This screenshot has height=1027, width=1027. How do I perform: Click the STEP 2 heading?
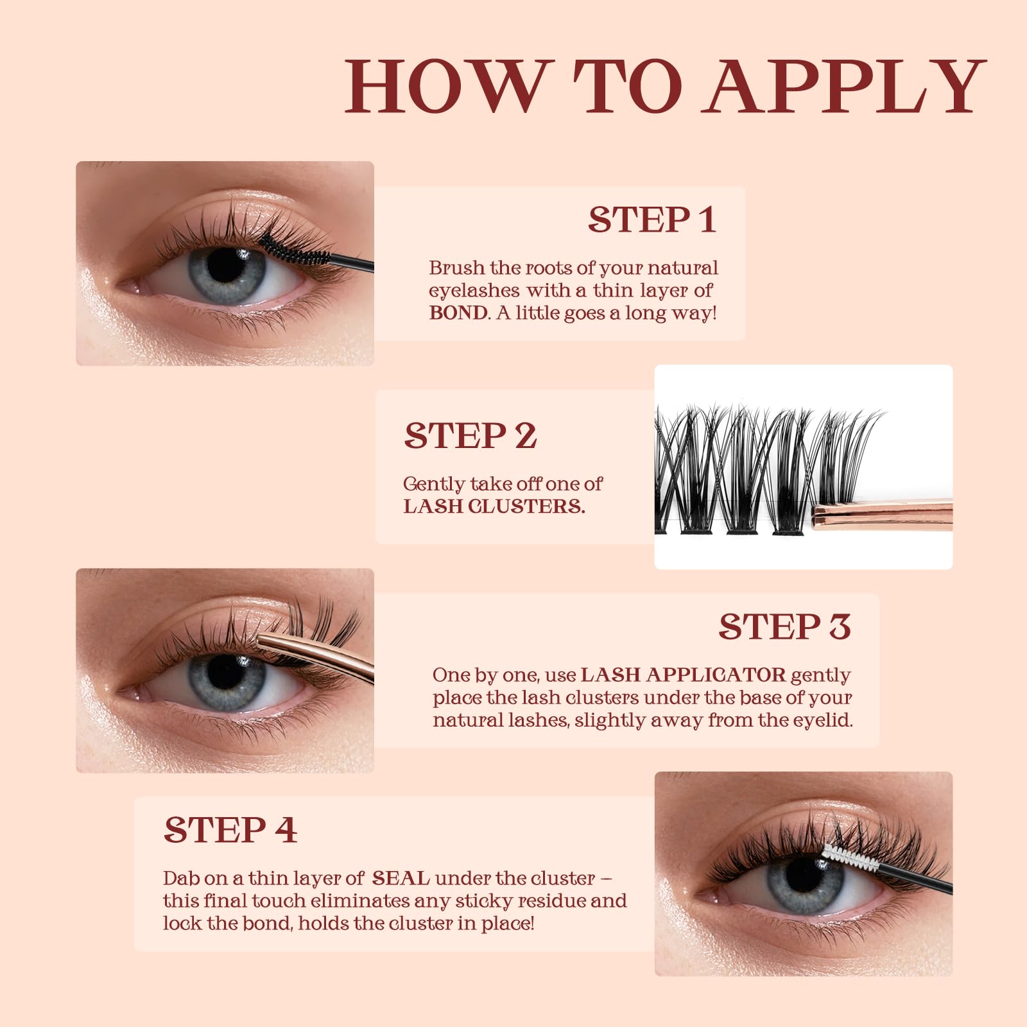(x=470, y=436)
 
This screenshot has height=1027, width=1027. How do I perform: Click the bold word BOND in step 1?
(x=458, y=313)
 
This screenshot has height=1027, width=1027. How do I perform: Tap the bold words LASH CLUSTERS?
(x=494, y=506)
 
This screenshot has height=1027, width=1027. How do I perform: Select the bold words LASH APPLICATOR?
(x=683, y=675)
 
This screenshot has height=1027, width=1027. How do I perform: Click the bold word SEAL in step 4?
(x=401, y=877)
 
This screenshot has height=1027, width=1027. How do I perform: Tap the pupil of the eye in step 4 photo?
(x=804, y=875)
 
